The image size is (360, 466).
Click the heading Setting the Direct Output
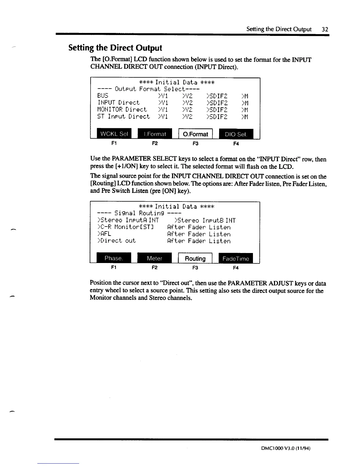[x=115, y=48]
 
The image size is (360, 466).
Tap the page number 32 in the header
[x=325, y=29]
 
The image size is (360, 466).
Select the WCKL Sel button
[x=114, y=134]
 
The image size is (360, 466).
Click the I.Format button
[x=155, y=134]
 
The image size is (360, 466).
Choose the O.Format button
[x=195, y=134]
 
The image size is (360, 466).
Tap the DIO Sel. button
[x=236, y=134]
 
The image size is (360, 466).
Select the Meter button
[x=154, y=258]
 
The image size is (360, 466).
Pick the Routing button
[x=195, y=258]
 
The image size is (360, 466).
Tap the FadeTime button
[x=236, y=258]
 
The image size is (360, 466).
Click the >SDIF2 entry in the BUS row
[x=217, y=96]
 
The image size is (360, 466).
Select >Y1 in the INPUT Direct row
[x=163, y=103]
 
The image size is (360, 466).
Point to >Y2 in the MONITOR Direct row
[x=187, y=110]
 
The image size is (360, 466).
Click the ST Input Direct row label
[x=124, y=116]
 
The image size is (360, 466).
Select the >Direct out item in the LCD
[x=116, y=241]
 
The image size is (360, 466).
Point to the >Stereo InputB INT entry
[x=205, y=220]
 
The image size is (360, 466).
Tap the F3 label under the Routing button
[x=195, y=268]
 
